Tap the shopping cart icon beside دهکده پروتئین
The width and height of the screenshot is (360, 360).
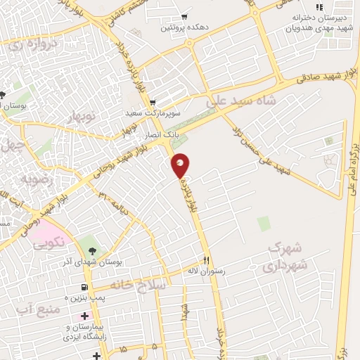pyautogui.click(x=184, y=16)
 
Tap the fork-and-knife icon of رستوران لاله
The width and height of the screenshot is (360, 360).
pyautogui.click(x=206, y=258)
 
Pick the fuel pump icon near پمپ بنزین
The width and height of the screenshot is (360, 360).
pyautogui.click(x=84, y=287)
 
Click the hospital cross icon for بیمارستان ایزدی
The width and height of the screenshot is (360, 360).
pyautogui.click(x=84, y=316)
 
